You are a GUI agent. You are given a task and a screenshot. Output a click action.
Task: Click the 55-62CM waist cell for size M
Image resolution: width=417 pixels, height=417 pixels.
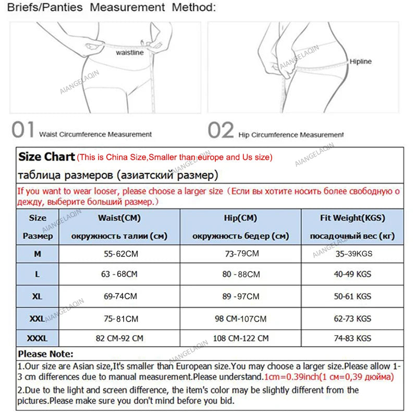120,254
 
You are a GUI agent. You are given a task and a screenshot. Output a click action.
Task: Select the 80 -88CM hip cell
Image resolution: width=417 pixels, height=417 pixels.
241,274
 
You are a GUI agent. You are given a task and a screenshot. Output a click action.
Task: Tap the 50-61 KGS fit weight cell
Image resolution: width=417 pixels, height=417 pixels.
352,296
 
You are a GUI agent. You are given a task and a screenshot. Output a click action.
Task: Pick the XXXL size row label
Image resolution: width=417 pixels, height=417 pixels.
37,338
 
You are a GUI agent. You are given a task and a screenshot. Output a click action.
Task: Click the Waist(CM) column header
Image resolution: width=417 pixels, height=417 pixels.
119,218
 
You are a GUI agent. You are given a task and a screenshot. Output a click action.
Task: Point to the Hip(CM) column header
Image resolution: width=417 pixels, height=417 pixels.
240,218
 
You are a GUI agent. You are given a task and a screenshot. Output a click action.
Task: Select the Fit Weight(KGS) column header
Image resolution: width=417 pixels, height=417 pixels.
352,218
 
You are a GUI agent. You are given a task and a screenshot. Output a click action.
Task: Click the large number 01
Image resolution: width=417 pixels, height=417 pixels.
23,130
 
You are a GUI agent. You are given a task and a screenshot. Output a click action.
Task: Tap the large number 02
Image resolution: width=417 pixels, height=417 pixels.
220,130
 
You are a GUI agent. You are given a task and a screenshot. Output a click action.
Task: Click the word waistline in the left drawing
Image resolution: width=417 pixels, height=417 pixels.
129,53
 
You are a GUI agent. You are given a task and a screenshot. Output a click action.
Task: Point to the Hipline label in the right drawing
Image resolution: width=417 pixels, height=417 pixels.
361,62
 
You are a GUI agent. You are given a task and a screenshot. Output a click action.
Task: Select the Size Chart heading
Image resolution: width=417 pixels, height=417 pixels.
46,156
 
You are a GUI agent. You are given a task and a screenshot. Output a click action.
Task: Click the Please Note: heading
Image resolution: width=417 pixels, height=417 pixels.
46,354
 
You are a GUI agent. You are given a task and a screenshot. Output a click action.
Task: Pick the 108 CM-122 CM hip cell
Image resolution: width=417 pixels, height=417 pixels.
241,338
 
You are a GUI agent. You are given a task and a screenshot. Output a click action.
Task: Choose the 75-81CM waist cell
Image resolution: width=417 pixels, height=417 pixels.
120,318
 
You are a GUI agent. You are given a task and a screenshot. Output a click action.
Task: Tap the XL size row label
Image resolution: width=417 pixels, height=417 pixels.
37,296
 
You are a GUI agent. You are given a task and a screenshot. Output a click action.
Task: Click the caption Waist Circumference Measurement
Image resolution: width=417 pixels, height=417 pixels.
95,134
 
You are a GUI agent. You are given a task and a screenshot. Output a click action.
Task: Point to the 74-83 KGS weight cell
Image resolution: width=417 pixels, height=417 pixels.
352,338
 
